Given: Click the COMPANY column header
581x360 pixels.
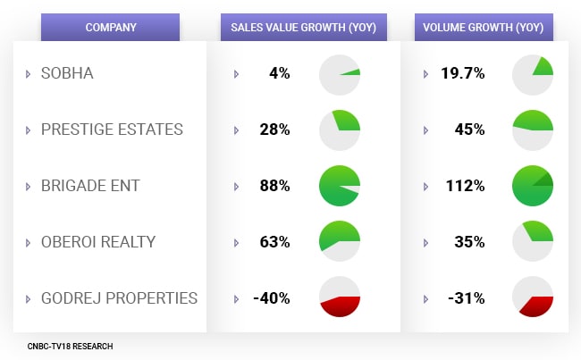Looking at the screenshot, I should click(x=111, y=27).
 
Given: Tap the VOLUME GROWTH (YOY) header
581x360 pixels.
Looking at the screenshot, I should click(x=484, y=27).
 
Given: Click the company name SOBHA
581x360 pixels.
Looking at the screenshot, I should click(x=67, y=73).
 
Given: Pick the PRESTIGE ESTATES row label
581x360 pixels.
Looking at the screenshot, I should click(x=112, y=130).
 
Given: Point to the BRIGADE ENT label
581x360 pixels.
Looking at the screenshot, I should click(x=90, y=186).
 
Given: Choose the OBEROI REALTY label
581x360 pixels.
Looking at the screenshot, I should click(x=98, y=241).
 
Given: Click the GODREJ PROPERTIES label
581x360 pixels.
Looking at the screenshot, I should click(x=119, y=297).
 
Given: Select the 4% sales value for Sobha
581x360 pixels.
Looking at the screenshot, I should click(x=279, y=73).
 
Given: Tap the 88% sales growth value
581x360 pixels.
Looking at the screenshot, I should click(x=275, y=186).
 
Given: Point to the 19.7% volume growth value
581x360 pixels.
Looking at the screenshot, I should click(x=463, y=73).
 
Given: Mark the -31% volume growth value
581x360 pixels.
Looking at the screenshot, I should click(x=467, y=297).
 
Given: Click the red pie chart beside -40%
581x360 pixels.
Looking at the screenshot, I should click(x=340, y=297).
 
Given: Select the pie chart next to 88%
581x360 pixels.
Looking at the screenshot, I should click(x=340, y=186).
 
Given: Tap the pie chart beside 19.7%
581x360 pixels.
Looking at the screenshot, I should click(x=533, y=74).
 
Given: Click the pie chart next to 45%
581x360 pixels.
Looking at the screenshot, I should click(x=533, y=130).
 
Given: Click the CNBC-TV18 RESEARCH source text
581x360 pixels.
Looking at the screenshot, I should click(x=70, y=346).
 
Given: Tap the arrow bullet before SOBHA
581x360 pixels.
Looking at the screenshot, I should click(x=29, y=74).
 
